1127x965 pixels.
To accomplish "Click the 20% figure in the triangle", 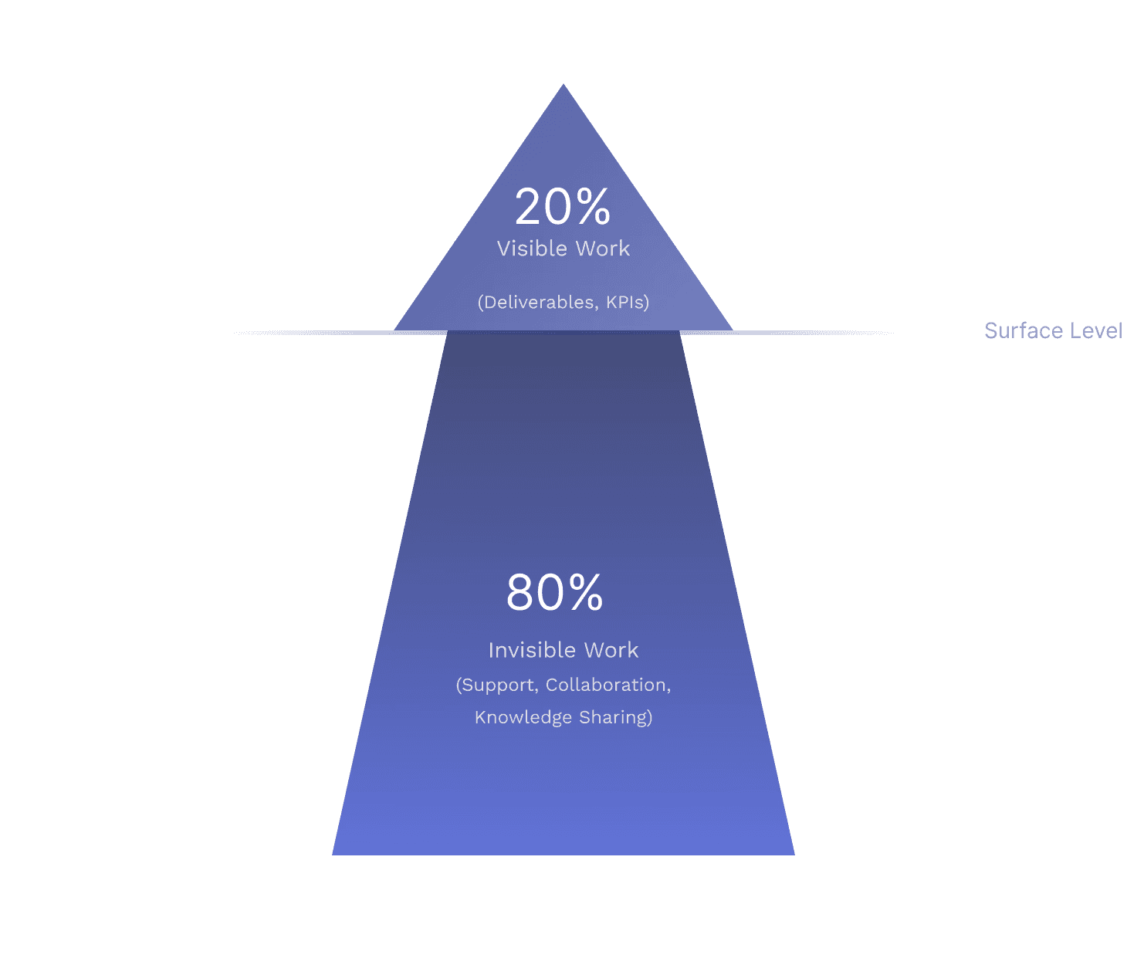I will point(562,207).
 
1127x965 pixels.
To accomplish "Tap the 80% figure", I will point(554,593).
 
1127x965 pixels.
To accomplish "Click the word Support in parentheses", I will point(499,686).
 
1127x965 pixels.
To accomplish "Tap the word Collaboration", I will point(607,686).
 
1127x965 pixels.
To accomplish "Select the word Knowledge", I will point(523,718).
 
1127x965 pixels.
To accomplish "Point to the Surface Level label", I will point(1054,331).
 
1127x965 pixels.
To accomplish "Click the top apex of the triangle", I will point(563,86).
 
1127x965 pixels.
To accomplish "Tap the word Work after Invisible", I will point(611,650).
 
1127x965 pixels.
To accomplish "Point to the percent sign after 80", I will point(584,594).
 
